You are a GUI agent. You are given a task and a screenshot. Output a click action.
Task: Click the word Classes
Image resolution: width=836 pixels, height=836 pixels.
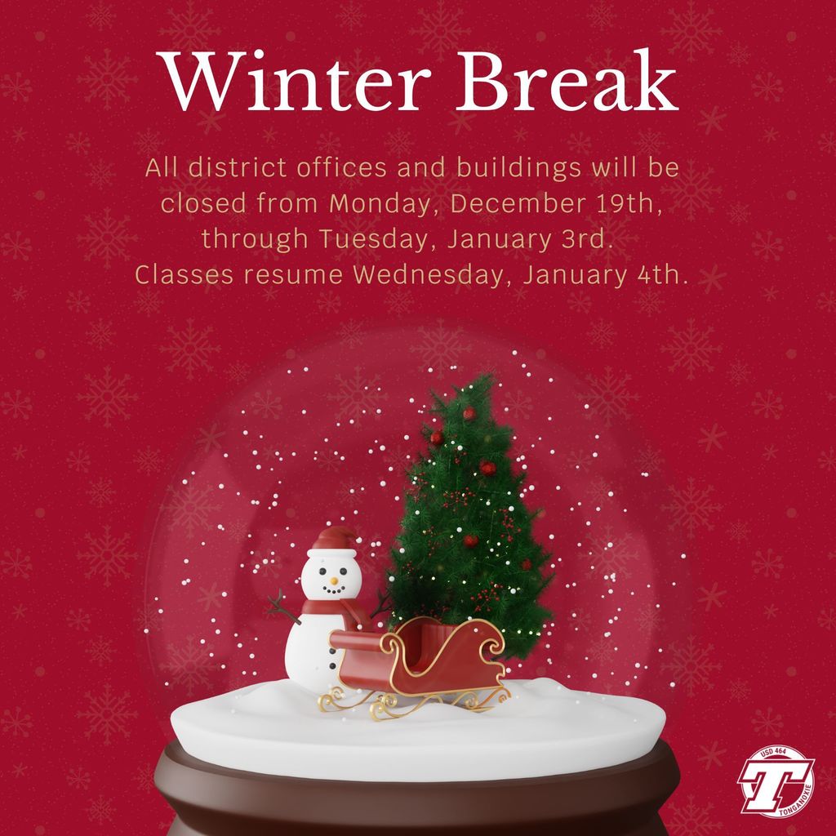tap(184, 275)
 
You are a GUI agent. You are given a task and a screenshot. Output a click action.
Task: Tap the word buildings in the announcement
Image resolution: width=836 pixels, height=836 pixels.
tap(518, 168)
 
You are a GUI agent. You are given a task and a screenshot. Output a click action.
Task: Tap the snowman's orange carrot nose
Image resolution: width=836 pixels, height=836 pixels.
tap(334, 580)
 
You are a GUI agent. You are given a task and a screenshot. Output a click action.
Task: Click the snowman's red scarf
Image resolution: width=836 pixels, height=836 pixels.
tap(331, 611)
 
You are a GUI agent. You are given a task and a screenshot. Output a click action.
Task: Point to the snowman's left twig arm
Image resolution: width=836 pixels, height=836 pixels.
tap(283, 607)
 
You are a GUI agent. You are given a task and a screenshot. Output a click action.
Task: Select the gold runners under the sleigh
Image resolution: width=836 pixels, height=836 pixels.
tap(413, 702)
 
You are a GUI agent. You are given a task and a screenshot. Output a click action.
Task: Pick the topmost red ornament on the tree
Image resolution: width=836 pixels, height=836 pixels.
tap(469, 413)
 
